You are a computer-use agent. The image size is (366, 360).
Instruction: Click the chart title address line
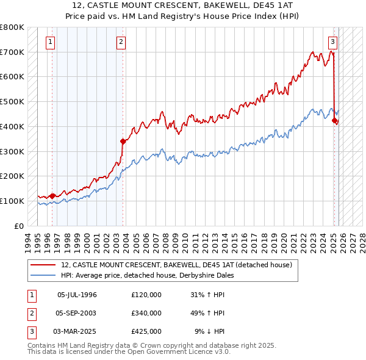tap(183, 7)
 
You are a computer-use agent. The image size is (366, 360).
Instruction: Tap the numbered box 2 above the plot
tap(121, 42)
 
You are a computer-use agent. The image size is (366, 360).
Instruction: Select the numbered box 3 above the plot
tap(332, 42)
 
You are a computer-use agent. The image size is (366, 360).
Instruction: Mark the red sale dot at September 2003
tap(123, 141)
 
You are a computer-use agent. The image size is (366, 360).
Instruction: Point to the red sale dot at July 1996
tap(52, 196)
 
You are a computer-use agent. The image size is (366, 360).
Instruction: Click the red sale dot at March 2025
tap(334, 120)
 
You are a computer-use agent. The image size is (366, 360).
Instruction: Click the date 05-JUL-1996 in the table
tap(77, 295)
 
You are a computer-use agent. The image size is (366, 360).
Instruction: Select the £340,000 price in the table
tap(146, 313)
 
